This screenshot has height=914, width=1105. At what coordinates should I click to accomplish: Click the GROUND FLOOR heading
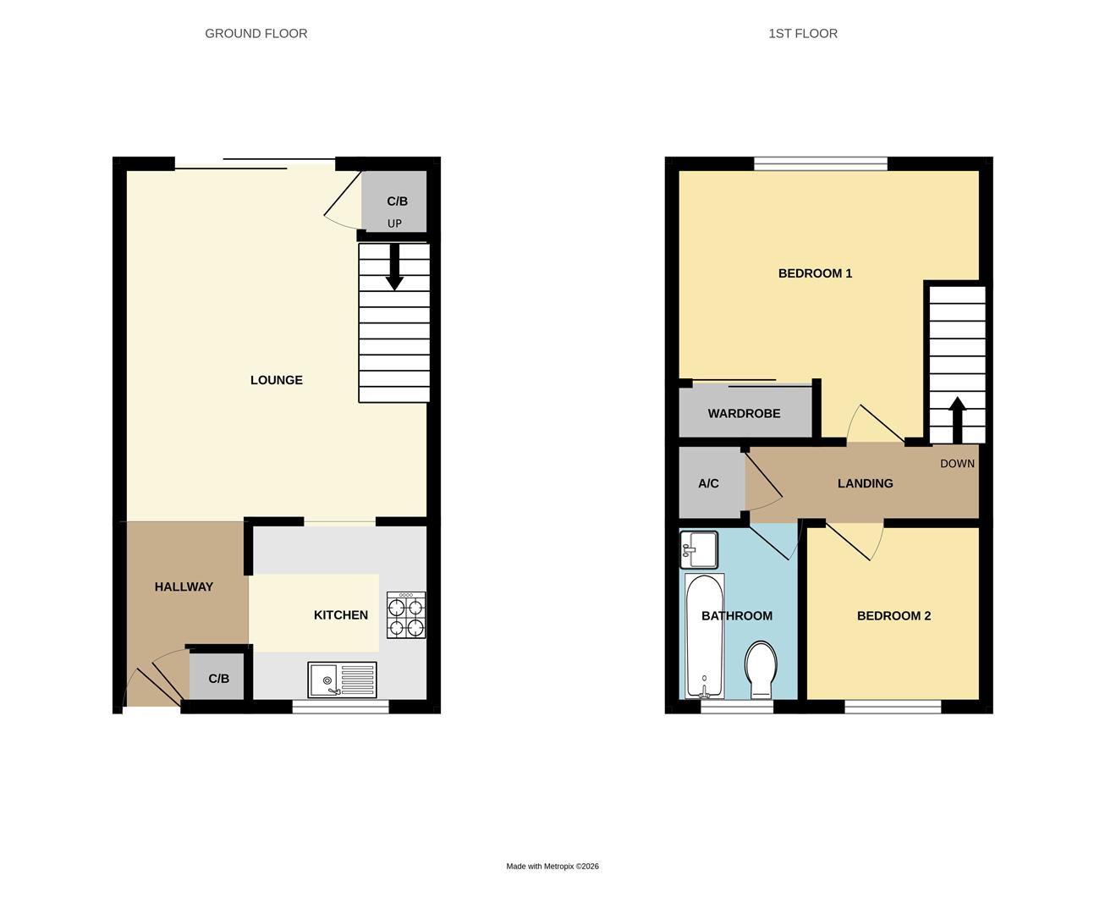[256, 34]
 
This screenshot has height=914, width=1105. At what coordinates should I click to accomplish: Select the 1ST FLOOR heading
[802, 34]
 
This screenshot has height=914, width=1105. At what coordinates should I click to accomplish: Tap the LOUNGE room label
[276, 380]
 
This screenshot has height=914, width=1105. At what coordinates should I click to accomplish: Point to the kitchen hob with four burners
[406, 615]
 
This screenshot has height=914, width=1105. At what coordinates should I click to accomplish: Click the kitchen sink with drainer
[342, 680]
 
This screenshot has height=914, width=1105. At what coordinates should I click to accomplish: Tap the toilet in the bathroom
[761, 669]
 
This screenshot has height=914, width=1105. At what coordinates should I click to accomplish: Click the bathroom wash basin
[699, 550]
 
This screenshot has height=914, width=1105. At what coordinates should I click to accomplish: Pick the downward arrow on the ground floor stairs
[394, 267]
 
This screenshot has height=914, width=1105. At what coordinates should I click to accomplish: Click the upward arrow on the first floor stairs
[957, 420]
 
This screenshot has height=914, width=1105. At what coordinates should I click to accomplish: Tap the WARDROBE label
[744, 414]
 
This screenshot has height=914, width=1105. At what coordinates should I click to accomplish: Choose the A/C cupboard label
[708, 484]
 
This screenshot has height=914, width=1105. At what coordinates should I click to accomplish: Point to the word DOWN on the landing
[957, 464]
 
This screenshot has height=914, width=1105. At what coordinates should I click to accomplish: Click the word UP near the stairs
[394, 223]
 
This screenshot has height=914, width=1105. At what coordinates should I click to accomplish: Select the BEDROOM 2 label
[893, 616]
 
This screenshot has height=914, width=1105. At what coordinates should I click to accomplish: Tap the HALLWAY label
[184, 586]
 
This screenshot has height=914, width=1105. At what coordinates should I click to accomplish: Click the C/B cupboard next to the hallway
[218, 679]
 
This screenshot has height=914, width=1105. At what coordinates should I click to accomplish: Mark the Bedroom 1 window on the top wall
[821, 163]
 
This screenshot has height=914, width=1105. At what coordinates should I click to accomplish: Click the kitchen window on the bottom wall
[340, 707]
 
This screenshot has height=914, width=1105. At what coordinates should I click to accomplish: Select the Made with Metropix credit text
[552, 867]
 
